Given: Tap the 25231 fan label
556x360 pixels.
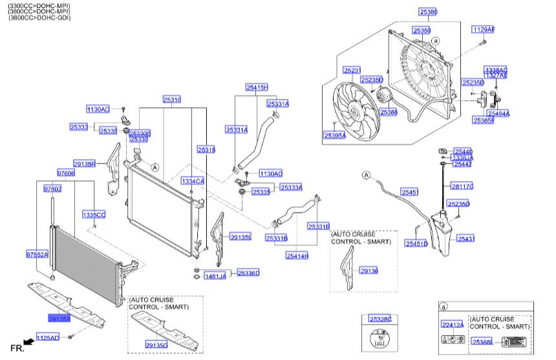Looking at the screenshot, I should pos(352,70).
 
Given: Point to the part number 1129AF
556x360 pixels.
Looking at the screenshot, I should pos(483,30).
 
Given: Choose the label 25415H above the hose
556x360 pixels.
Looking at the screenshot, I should pos(256,87).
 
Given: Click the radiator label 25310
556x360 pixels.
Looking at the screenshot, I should pos(171,100).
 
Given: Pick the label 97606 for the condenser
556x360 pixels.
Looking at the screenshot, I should pos(66,173).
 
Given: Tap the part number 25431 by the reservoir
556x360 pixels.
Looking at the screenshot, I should pos(466,238).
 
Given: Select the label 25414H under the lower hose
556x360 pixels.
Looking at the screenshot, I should pos(297,256).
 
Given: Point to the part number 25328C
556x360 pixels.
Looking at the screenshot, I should pos(380,319).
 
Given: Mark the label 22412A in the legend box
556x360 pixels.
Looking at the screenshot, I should pos(453,324).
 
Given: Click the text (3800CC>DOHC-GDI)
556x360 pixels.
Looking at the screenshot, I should pos(39,18).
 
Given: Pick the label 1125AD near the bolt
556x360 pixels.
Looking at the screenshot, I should pos(47,337).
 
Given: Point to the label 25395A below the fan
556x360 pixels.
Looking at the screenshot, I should pos(335,136).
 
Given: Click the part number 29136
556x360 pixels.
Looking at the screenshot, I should pos(369,271).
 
